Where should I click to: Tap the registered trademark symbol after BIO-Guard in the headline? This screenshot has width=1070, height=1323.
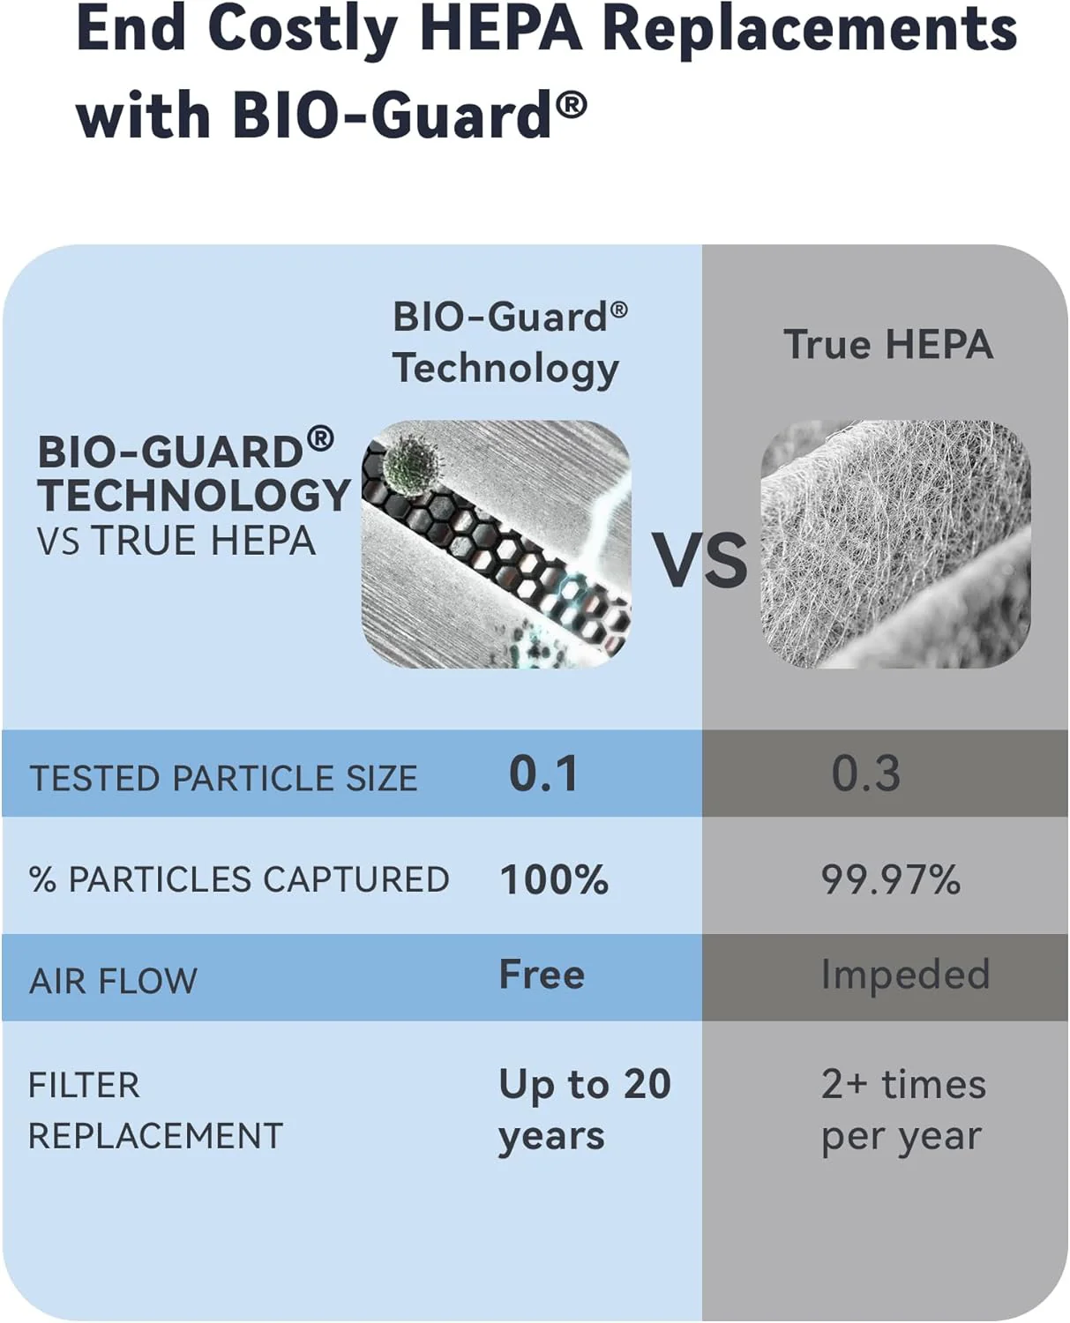coord(572,106)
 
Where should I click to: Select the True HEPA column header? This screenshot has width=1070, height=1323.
coord(888,344)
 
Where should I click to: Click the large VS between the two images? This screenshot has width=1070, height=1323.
coord(700,560)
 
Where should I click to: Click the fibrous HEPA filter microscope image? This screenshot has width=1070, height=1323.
coord(895,543)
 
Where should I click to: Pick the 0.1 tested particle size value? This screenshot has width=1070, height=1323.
coord(543,774)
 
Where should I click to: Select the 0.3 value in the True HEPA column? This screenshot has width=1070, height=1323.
coord(866,774)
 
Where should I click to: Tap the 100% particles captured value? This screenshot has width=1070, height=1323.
coord(554,879)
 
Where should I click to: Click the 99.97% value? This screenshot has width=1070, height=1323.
coord(890,879)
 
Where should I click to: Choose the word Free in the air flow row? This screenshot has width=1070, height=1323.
coord(542,975)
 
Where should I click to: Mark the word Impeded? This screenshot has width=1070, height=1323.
coord(905,975)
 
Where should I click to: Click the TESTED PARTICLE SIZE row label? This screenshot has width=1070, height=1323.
coord(223,778)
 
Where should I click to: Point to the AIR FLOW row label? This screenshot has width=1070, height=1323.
coord(113,981)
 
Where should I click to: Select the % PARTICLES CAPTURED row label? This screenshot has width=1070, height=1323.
coord(239,879)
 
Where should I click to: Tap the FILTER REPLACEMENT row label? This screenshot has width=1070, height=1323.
coord(155,1110)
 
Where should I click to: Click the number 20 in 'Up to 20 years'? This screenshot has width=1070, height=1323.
coord(647,1084)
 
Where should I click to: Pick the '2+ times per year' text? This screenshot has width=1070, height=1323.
coord(902,1110)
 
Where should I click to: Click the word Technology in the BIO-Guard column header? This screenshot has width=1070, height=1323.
coord(505,369)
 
